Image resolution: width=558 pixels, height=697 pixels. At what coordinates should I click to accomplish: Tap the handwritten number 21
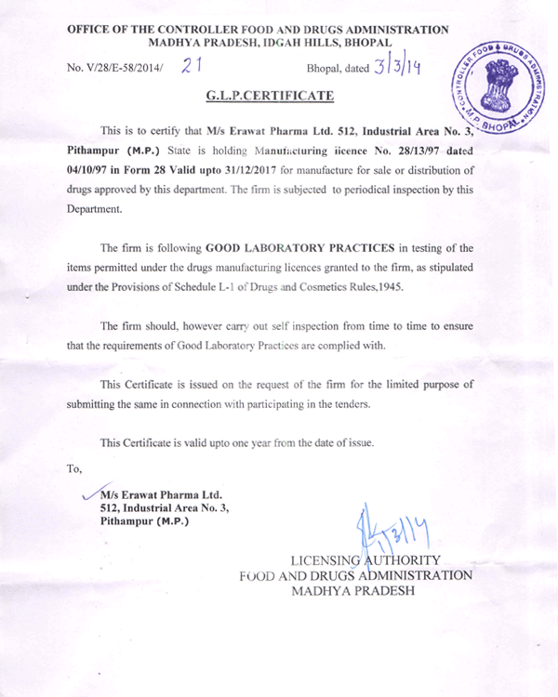click(193, 65)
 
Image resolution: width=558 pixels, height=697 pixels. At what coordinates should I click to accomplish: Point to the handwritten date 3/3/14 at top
click(396, 68)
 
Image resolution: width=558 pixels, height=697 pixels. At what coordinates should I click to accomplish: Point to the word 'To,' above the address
click(74, 467)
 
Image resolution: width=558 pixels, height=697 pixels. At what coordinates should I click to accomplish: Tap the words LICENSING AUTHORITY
click(363, 560)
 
